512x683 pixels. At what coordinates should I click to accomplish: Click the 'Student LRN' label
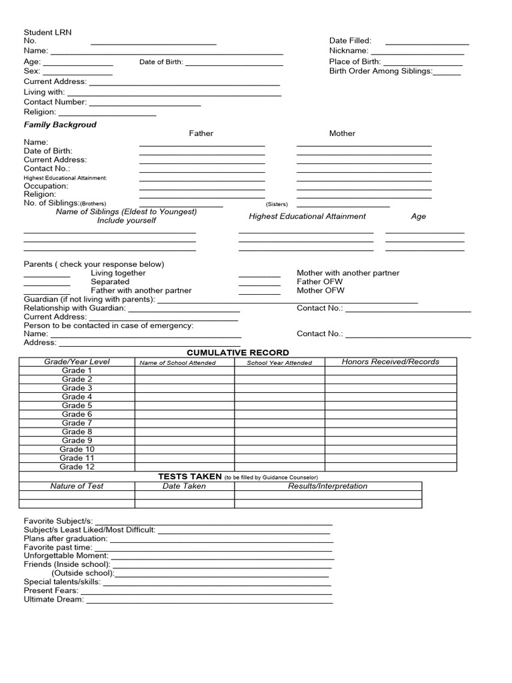pos(47,32)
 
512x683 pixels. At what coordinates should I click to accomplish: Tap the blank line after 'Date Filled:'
pos(427,41)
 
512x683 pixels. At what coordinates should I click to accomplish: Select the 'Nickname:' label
pos(348,51)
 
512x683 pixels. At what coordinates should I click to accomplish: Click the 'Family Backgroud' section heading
pos(60,125)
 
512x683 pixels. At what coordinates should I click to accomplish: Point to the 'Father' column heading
pos(201,133)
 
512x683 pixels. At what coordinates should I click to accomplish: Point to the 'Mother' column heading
pos(342,133)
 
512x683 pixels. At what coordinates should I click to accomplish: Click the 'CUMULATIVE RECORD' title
pos(238,352)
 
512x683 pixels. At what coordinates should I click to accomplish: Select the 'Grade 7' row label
pos(77,423)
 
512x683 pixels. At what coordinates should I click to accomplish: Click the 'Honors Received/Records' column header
pos(391,362)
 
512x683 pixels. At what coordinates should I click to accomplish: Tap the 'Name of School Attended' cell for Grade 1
pos(184,371)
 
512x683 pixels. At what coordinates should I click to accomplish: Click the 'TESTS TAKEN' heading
pos(189,476)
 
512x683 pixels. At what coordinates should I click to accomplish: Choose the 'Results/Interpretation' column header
pos(327,486)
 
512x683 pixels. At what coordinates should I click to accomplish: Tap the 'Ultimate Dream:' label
pos(54,599)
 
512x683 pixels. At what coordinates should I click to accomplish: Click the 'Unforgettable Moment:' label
pos(66,556)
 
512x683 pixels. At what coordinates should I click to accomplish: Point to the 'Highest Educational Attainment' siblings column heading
pos(307,216)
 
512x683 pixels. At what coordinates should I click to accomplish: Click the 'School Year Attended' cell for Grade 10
pos(279,450)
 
